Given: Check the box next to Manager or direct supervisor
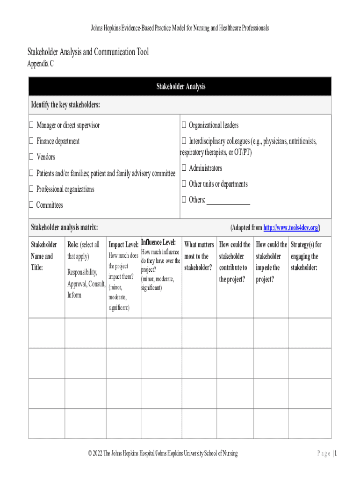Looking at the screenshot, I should tap(31, 125).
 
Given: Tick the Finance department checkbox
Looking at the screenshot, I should tap(31, 141).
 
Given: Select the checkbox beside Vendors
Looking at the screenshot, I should tap(31, 157).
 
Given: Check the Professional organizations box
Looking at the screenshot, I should tap(31, 189).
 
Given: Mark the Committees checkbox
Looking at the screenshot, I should tap(31, 205).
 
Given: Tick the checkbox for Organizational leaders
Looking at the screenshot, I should tap(184, 125).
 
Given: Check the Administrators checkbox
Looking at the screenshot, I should tap(184, 168).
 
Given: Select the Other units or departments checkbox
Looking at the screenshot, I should tap(184, 184).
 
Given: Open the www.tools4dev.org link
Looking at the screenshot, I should tap(291, 228).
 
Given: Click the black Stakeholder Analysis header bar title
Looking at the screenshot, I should tap(180, 87).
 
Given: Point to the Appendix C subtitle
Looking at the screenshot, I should tap(40, 64).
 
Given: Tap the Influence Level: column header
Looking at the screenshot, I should tap(158, 242).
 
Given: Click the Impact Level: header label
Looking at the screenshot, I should tap(123, 245).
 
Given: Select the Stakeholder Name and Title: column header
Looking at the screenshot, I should tap(43, 256).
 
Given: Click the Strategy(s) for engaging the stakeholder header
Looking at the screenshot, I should tap(306, 256).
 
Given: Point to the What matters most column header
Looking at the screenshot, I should tap(199, 256).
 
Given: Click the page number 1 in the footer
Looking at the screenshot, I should tap(335, 453).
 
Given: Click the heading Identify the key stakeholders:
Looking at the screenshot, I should tap(65, 104).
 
